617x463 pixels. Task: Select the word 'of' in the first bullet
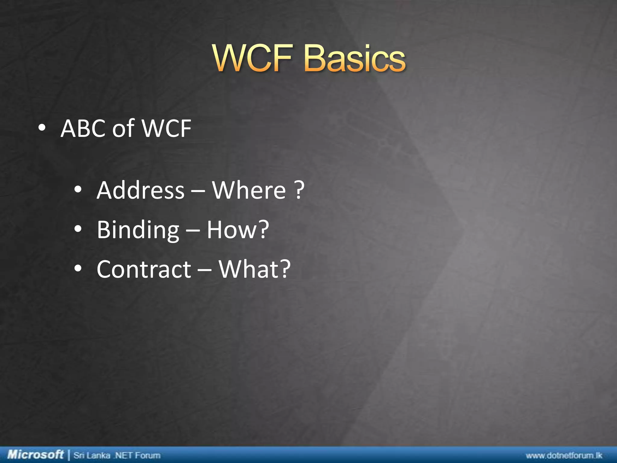coord(123,128)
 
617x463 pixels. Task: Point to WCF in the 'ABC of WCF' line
coord(166,128)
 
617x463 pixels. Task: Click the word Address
coord(140,191)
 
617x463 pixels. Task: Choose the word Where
coord(249,191)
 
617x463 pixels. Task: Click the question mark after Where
coord(299,191)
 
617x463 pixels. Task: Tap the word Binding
coord(138,230)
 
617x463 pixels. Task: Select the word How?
coord(238,230)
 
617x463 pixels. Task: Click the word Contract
coord(144,269)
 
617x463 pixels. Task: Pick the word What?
coord(255,269)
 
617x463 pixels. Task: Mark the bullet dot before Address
coord(78,190)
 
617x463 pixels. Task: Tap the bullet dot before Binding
coord(78,229)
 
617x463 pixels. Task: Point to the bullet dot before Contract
coord(78,269)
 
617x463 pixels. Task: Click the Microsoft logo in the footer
coord(36,455)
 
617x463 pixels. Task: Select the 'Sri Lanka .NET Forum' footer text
coord(117,455)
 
